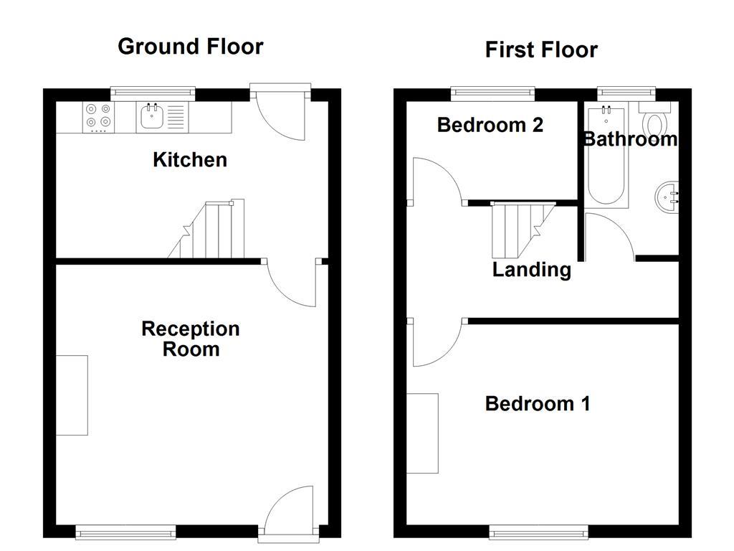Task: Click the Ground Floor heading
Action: pos(191,47)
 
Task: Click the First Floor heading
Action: pos(541,50)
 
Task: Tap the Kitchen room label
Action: pos(190,159)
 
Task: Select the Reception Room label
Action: pos(191,339)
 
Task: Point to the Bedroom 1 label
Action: pos(538,403)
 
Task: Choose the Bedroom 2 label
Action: pos(490,125)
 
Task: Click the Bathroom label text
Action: pos(629,138)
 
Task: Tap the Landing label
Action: pos(532,270)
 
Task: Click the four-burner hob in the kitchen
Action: pos(98,116)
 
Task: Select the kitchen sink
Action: pos(152,116)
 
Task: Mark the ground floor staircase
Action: pos(211,231)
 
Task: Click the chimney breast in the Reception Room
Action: pos(72,395)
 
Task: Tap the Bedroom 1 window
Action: pos(538,532)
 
